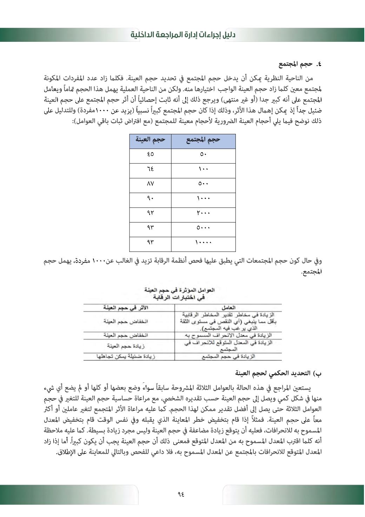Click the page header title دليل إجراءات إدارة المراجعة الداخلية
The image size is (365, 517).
[x=183, y=35]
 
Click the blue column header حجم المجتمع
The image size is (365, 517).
[x=203, y=140]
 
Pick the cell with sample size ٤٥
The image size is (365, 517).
[x=150, y=154]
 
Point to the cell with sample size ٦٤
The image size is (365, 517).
[x=150, y=169]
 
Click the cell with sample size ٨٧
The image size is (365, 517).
[x=150, y=184]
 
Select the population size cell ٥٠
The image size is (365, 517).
[x=203, y=154]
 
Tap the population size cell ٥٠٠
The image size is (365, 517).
[x=203, y=184]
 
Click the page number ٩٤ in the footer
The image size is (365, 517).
[x=181, y=494]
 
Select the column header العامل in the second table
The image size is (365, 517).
[x=228, y=308]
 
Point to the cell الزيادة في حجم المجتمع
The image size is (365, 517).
[x=228, y=356]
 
